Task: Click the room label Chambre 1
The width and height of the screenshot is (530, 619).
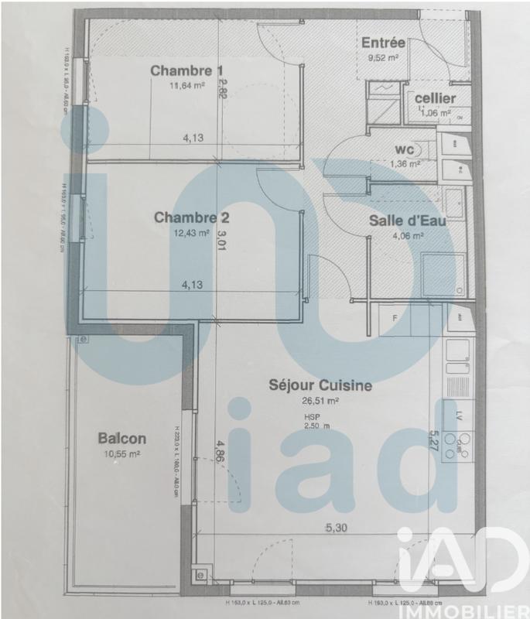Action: click(183, 71)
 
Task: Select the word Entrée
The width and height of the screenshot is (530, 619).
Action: click(384, 43)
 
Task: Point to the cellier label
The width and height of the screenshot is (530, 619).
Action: click(435, 98)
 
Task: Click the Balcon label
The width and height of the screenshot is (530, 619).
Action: click(122, 439)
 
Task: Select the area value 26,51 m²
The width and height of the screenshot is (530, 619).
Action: click(321, 401)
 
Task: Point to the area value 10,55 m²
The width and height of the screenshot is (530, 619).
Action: click(122, 454)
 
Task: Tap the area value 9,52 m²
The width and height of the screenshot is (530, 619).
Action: click(383, 57)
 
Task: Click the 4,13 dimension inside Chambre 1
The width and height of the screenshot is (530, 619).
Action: click(193, 139)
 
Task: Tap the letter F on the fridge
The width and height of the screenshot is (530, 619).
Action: click(394, 318)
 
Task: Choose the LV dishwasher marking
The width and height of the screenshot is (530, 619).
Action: click(460, 415)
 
